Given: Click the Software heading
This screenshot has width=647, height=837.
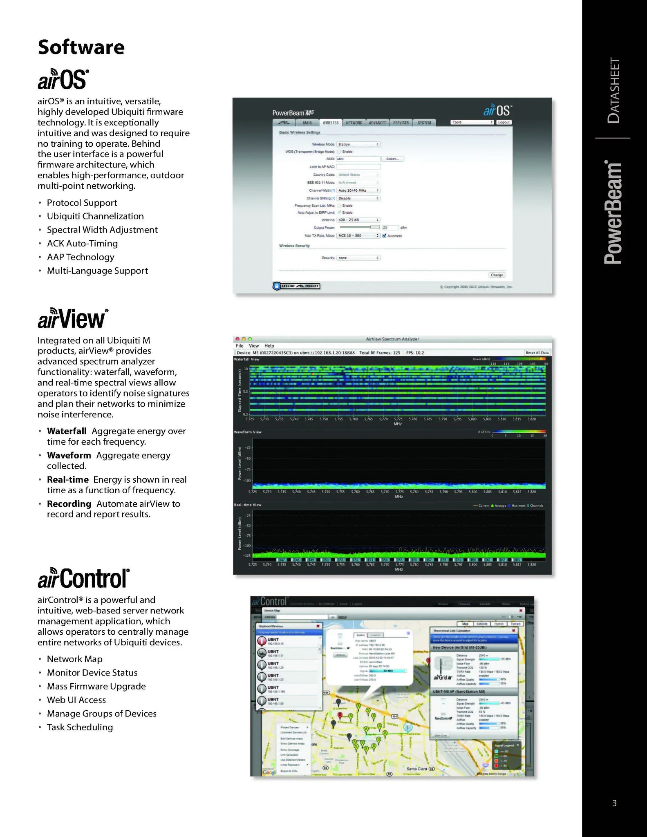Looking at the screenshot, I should [81, 47].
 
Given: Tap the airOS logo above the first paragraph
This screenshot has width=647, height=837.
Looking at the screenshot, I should [63, 79].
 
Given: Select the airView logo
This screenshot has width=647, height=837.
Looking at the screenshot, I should [73, 319].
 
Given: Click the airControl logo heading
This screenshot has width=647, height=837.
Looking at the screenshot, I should [83, 578].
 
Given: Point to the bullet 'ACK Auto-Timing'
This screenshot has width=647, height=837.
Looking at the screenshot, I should [82, 244].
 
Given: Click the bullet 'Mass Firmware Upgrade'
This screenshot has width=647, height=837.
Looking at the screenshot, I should [96, 686].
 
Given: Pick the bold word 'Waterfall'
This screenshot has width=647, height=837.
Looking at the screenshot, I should [67, 431].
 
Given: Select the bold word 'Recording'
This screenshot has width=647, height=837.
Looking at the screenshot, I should [69, 504].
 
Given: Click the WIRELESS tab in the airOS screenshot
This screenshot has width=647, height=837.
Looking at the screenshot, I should [331, 123].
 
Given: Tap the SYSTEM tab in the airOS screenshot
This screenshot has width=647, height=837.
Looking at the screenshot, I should [424, 123].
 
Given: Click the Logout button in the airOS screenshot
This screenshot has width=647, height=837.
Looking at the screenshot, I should [504, 122].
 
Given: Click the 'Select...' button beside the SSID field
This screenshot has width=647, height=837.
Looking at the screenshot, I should [392, 159].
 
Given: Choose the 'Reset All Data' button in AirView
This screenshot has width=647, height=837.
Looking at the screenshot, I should [537, 353].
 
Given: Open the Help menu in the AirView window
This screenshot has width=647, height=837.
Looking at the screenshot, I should [269, 346].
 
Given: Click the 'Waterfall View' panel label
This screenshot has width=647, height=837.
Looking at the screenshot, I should [246, 359].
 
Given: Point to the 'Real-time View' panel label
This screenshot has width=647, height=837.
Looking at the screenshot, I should [247, 505].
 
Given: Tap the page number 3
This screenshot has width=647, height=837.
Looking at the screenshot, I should [614, 803].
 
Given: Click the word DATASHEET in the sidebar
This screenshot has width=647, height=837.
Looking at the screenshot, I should [613, 91].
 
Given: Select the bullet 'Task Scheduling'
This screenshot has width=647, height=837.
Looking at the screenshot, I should [80, 727].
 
